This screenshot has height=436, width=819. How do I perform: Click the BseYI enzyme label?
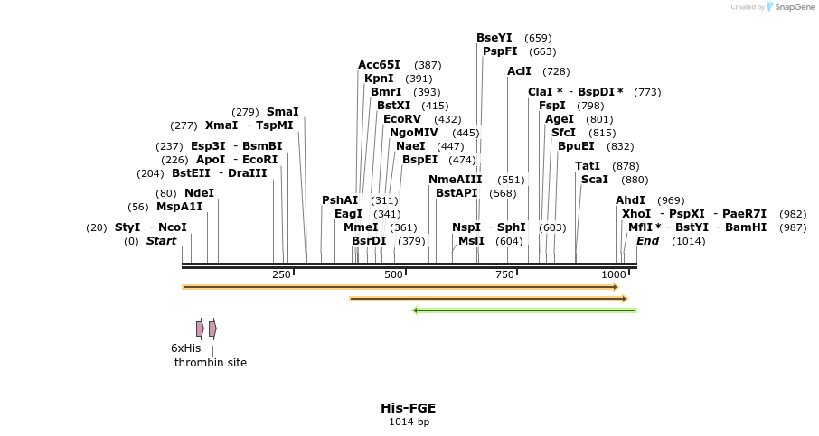(x=494, y=38)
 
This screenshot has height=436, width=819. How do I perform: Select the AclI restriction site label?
(x=519, y=71)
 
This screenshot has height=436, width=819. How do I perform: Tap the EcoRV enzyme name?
(x=402, y=119)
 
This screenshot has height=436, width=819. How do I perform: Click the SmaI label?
(x=282, y=112)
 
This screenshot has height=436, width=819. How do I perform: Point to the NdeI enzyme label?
(x=199, y=193)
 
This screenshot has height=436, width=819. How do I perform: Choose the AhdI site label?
(x=630, y=200)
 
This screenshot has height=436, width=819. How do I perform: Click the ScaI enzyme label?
(x=594, y=180)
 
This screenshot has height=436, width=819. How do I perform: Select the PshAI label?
(x=340, y=200)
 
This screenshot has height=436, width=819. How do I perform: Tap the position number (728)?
(x=556, y=71)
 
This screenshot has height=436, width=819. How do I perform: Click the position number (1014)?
(x=688, y=241)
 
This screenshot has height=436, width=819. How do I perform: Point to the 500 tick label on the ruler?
(x=393, y=274)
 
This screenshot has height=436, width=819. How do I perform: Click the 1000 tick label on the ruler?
(x=614, y=274)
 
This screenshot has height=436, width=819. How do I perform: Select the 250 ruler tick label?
(x=281, y=274)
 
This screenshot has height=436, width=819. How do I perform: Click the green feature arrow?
(x=524, y=311)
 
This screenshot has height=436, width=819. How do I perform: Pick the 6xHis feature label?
(x=185, y=348)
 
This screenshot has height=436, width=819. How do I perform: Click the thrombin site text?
(x=211, y=363)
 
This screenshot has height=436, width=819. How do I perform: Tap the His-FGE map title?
(x=409, y=408)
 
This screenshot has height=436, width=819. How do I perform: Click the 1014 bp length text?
(x=409, y=422)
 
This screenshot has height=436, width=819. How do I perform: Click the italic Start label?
(x=161, y=241)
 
